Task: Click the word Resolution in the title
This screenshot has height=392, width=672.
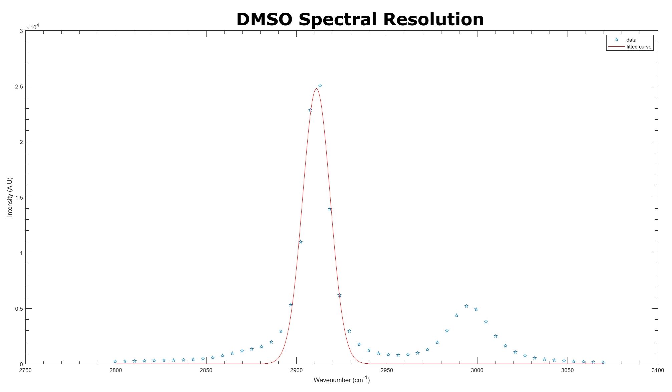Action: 433,19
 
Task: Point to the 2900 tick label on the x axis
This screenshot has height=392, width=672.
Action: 296,370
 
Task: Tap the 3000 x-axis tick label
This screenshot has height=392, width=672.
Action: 477,370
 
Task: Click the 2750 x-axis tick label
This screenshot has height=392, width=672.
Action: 25,370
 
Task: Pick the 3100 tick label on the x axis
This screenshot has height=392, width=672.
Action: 658,370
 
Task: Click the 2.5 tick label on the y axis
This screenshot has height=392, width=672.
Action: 19,86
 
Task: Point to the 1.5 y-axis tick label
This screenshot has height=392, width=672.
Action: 19,197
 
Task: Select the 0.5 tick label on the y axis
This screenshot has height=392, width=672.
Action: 19,309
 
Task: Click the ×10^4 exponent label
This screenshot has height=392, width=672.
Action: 33,27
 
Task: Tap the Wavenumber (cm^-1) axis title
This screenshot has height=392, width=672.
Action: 341,380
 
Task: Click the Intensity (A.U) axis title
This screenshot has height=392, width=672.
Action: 10,197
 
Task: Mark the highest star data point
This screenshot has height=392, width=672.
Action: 320,86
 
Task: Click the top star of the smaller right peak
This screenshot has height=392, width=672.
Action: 466,306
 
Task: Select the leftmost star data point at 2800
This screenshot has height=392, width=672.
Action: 115,361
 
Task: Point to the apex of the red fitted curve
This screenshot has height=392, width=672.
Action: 316,88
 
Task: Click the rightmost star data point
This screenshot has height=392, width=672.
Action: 603,362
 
